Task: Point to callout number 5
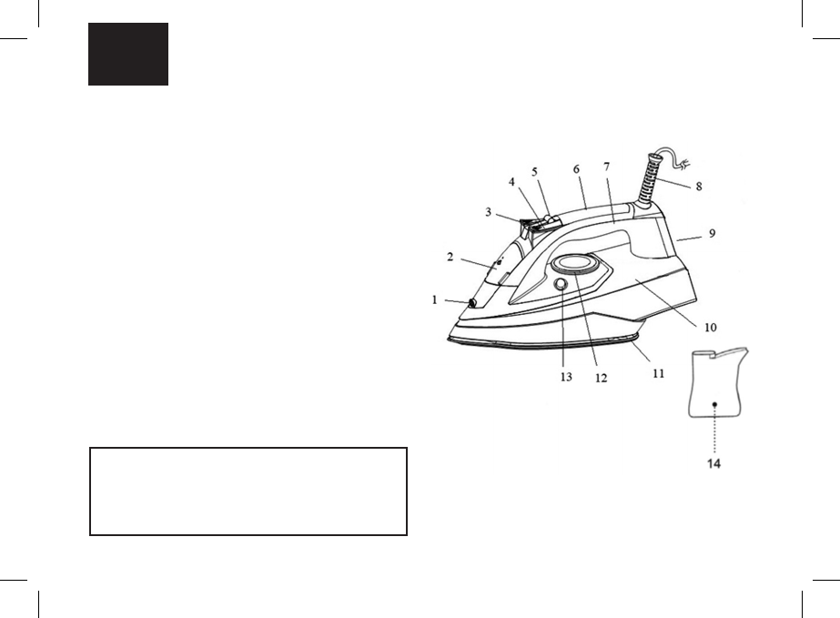coord(534,171)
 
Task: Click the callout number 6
coord(576,169)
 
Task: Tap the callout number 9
coord(712,232)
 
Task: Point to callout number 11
coord(656,372)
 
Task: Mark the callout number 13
coord(566,377)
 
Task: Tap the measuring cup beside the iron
coord(717,382)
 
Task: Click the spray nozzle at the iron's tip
coord(473,303)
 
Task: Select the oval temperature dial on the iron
coord(572,265)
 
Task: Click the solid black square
coord(128,55)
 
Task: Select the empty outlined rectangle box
coord(248,491)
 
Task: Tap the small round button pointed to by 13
coord(560,285)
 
